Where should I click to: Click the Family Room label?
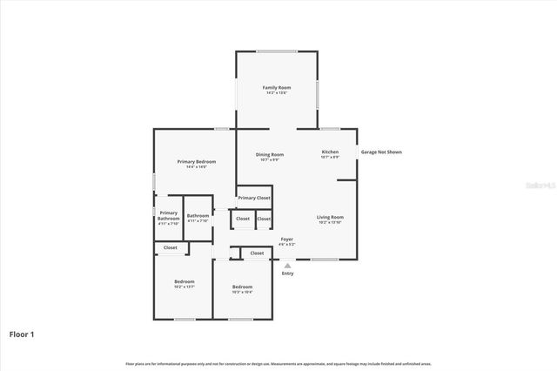pyautogui.click(x=277, y=88)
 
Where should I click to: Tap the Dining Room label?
pyautogui.click(x=270, y=154)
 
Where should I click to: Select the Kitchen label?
pyautogui.click(x=329, y=152)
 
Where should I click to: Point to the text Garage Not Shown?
pyautogui.click(x=381, y=152)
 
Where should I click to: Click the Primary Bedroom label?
pyautogui.click(x=196, y=161)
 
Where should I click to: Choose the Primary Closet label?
pyautogui.click(x=254, y=198)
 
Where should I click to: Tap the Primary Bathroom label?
pyautogui.click(x=168, y=216)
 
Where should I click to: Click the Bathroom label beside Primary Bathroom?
pyautogui.click(x=198, y=215)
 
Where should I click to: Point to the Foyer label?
pyautogui.click(x=286, y=239)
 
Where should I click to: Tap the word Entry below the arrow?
pyautogui.click(x=287, y=273)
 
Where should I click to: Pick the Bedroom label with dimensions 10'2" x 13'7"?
pyautogui.click(x=184, y=281)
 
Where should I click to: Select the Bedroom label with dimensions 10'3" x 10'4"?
pyautogui.click(x=242, y=287)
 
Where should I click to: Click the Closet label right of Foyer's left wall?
pyautogui.click(x=257, y=253)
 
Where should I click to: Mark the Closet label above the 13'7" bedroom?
pyautogui.click(x=171, y=247)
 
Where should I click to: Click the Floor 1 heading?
pyautogui.click(x=22, y=334)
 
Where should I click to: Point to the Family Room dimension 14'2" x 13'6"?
pyautogui.click(x=277, y=93)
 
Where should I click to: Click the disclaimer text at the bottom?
pyautogui.click(x=278, y=363)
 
